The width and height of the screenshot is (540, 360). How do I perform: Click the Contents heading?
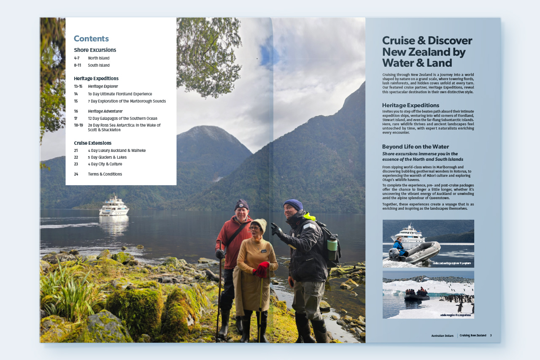click(91, 39)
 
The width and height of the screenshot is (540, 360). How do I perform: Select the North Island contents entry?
click(99, 58)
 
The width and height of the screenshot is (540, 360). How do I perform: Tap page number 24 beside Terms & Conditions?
click(76, 174)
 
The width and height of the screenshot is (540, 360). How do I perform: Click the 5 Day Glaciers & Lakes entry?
click(107, 157)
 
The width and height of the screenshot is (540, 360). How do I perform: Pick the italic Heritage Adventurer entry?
click(105, 111)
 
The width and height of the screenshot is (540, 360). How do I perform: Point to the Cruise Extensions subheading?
click(93, 143)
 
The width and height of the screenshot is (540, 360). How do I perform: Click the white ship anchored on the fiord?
click(114, 206)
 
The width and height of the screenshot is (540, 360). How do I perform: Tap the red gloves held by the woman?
click(262, 269)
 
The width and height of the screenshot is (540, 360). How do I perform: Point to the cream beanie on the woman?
click(259, 224)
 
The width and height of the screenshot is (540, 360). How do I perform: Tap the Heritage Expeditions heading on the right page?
click(410, 105)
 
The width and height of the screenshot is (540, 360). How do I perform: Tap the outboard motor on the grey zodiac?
click(394, 254)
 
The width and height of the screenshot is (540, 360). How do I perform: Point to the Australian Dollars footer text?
click(442, 336)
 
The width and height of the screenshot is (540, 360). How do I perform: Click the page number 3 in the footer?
click(491, 336)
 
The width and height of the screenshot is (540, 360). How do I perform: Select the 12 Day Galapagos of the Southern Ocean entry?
click(122, 119)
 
